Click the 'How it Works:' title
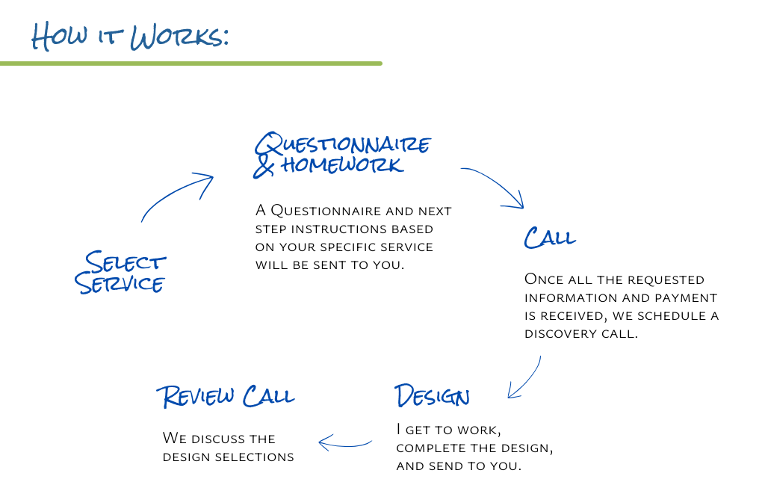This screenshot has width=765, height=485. [129, 35]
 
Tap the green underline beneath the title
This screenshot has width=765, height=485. [191, 64]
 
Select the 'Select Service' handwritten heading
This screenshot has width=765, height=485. [121, 273]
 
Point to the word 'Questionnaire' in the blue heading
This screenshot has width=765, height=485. [343, 143]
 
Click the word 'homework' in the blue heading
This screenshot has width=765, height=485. [342, 164]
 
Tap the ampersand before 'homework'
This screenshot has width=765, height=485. [264, 166]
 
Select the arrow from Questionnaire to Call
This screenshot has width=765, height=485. [495, 185]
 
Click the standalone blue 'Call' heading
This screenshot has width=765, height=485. [550, 238]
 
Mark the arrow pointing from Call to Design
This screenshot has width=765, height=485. [524, 378]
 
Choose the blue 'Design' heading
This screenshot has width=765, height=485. [432, 396]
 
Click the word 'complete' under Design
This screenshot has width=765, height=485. [430, 448]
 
